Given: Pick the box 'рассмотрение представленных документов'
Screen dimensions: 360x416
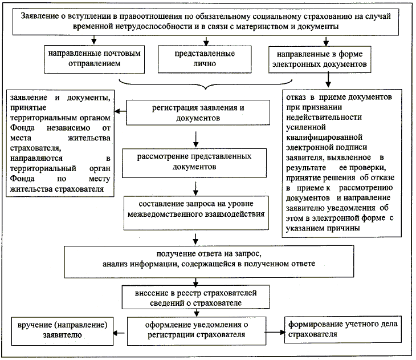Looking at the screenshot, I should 194,163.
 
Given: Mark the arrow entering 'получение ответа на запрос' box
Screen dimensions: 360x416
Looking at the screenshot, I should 196,238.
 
